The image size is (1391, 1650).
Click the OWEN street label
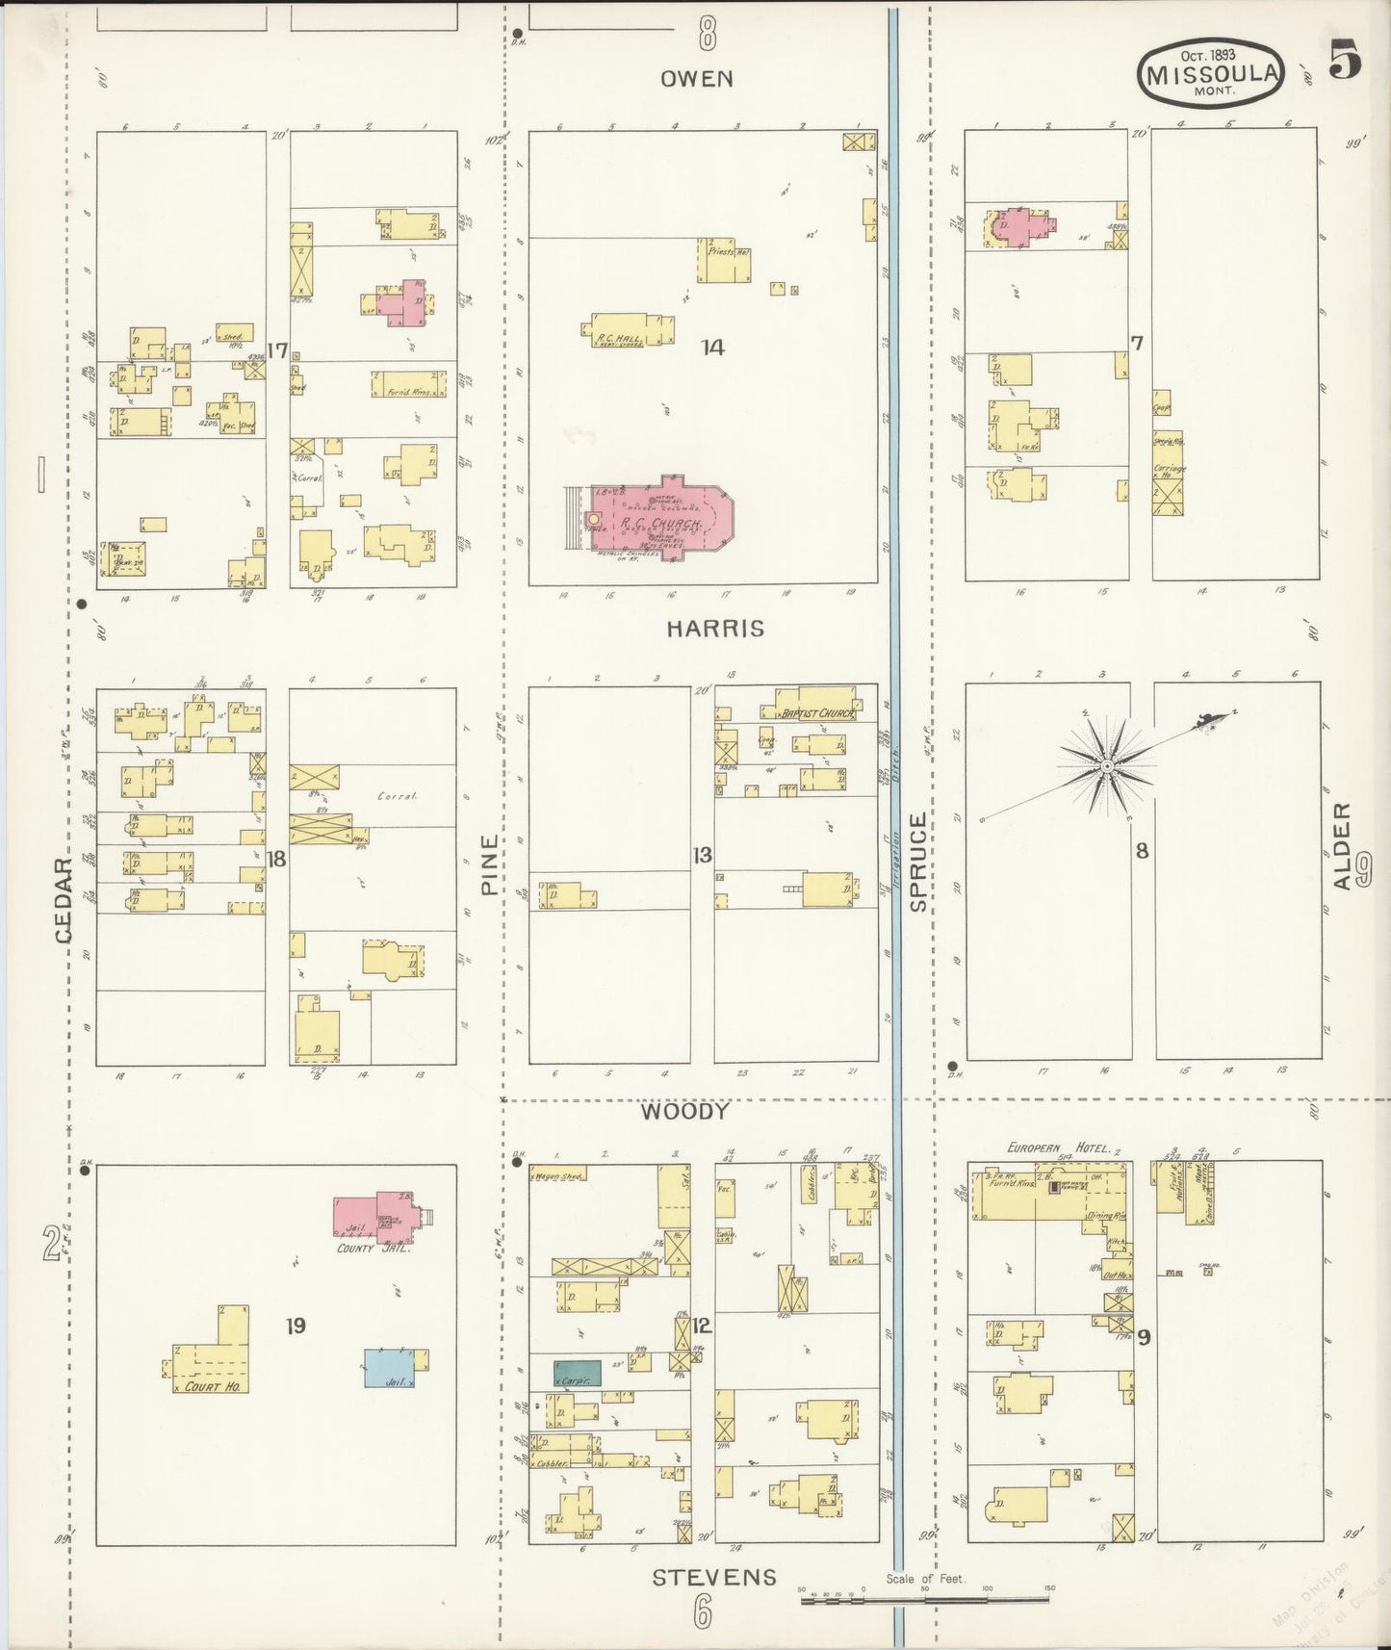pos(697,79)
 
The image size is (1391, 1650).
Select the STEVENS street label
pos(714,1577)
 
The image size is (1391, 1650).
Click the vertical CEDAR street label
pos(64,899)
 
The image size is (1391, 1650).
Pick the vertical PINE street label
pos(489,864)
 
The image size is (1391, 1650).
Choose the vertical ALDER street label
pos(1343,846)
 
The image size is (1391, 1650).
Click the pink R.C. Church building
pos(655,521)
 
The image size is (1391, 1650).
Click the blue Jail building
pos(389,1368)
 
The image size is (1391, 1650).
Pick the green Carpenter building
pos(577,1373)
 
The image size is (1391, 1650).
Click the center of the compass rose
pos(1107,765)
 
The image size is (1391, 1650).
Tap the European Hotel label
pos(1058,1147)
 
